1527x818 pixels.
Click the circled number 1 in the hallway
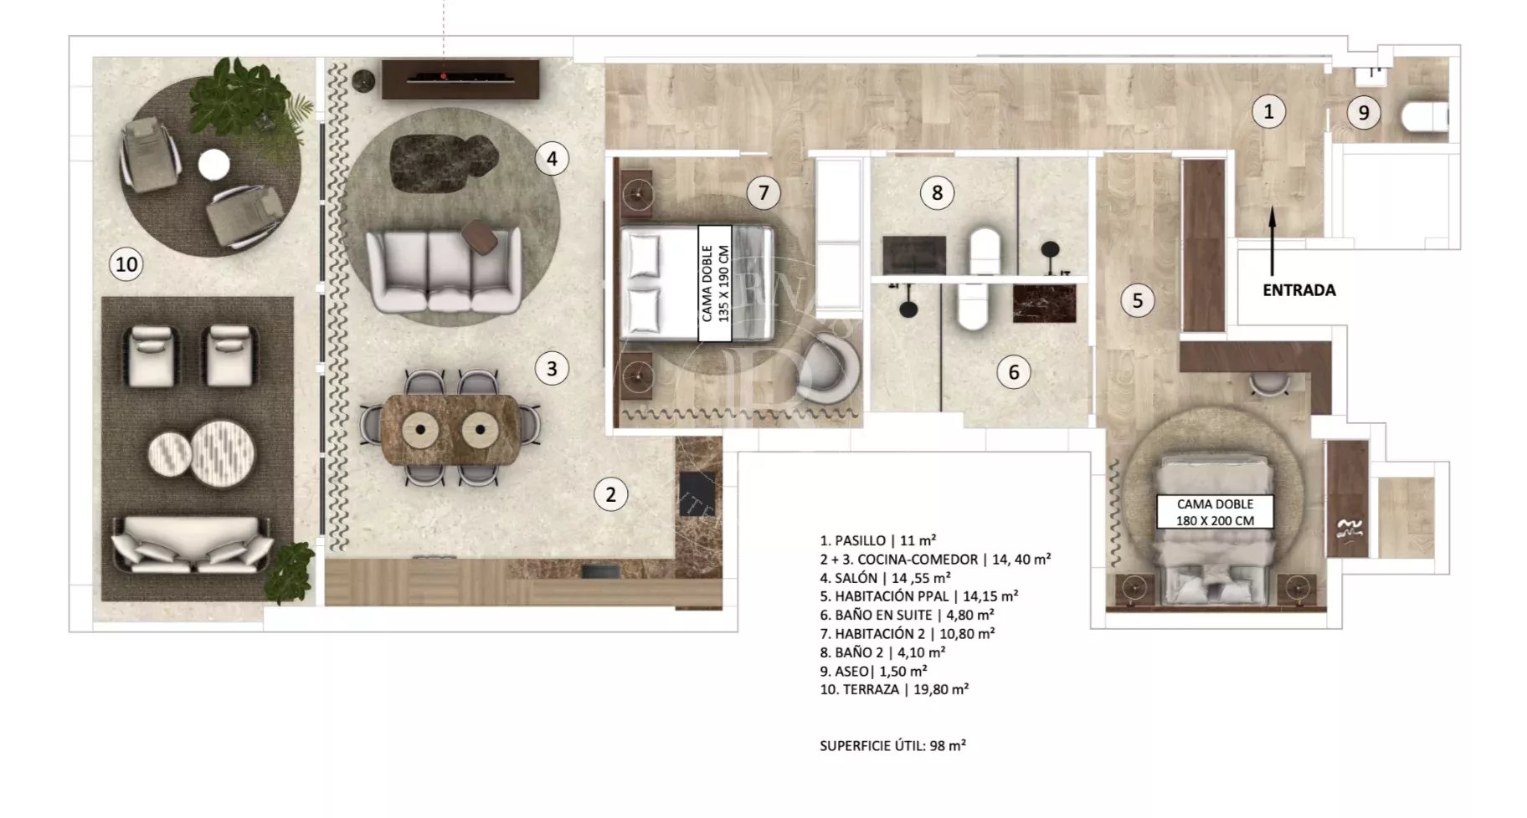click(1268, 111)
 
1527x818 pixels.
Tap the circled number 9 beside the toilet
click(1364, 112)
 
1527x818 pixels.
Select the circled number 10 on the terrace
click(126, 264)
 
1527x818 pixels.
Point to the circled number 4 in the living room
click(552, 158)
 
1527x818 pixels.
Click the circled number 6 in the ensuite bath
click(1014, 372)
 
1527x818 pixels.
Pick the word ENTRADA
click(1298, 290)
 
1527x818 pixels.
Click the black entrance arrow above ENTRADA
click(1272, 242)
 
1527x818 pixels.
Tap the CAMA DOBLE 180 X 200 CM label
click(1215, 512)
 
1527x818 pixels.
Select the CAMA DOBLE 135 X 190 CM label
click(715, 284)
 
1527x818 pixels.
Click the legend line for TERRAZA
click(894, 689)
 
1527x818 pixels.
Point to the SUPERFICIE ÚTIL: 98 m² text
click(892, 745)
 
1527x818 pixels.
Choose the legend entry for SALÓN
click(885, 578)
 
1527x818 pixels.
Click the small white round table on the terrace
click(213, 164)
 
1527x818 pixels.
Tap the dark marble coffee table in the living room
click(444, 161)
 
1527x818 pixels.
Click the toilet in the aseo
click(1424, 116)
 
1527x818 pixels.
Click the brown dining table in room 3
click(450, 429)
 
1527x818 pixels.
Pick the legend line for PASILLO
click(877, 540)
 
